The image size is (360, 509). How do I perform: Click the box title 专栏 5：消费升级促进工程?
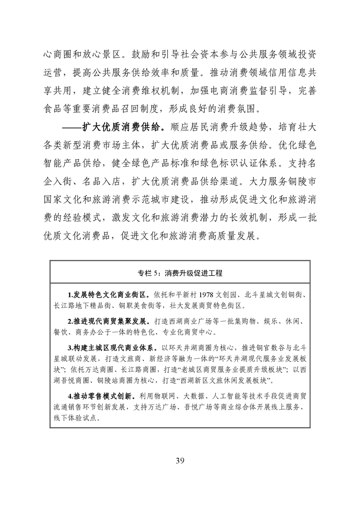pos(180,274)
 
